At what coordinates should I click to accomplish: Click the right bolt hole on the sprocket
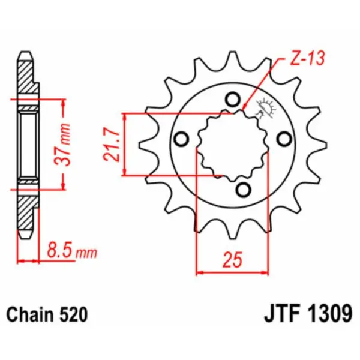pyautogui.click(x=284, y=139)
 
